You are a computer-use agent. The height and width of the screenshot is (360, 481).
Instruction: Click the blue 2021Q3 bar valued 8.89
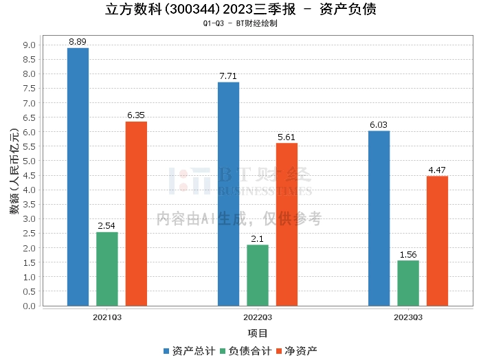click(78, 177)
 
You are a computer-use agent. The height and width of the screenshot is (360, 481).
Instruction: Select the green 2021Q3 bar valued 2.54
click(107, 269)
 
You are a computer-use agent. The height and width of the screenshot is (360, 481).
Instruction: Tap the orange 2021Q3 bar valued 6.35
click(136, 214)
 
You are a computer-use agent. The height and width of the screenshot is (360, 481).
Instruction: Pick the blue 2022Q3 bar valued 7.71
click(229, 194)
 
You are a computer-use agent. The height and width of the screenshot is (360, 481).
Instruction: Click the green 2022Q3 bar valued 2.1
click(258, 275)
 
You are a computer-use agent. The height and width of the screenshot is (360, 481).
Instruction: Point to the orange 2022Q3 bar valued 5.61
click(287, 225)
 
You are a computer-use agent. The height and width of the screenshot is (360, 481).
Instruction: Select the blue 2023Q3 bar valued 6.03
click(379, 218)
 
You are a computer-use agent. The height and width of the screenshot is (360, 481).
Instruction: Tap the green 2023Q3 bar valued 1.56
click(408, 283)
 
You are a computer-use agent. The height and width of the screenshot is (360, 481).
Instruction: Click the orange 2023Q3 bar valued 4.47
click(438, 241)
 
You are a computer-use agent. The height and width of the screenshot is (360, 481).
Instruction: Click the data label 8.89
click(78, 42)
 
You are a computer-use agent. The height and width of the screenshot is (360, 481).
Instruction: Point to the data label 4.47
click(437, 170)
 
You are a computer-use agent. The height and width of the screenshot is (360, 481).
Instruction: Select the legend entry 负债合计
click(246, 351)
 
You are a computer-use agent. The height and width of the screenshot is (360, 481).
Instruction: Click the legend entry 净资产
click(297, 351)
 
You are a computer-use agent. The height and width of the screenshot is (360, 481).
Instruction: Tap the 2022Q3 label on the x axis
click(258, 317)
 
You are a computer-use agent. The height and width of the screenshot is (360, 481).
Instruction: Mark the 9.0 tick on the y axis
click(29, 45)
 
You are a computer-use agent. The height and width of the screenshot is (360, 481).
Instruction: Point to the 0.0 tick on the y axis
click(29, 306)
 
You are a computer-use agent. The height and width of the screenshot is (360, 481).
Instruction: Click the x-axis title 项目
click(258, 333)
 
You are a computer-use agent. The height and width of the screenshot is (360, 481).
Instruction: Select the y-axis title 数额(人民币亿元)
click(14, 171)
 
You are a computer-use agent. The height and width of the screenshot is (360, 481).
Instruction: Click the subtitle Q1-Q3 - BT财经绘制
click(240, 23)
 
